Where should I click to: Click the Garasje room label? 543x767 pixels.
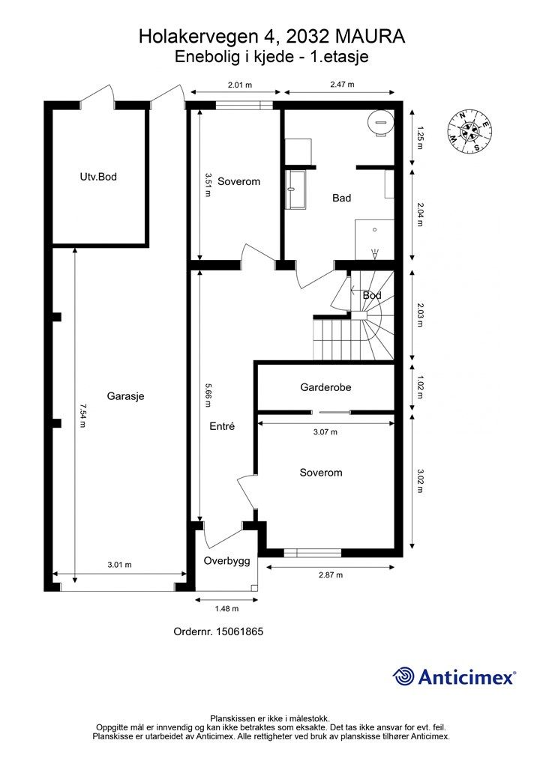125,396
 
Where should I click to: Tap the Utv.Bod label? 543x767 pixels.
98,177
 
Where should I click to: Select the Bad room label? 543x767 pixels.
342,198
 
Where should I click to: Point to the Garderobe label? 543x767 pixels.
325,387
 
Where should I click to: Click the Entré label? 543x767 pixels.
222,426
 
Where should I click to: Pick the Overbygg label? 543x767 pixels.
226,561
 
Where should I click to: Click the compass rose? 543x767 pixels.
469,132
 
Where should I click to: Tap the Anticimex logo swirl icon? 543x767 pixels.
403,676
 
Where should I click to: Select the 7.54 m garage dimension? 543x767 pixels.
82,415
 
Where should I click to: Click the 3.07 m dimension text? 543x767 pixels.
325,432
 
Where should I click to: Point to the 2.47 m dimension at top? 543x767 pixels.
342,84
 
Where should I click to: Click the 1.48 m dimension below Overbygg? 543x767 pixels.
226,608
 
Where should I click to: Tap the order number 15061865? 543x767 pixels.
238,631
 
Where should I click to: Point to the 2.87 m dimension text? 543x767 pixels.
331,575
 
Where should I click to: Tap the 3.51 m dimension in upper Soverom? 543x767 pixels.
208,184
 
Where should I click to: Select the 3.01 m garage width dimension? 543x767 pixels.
119,565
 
